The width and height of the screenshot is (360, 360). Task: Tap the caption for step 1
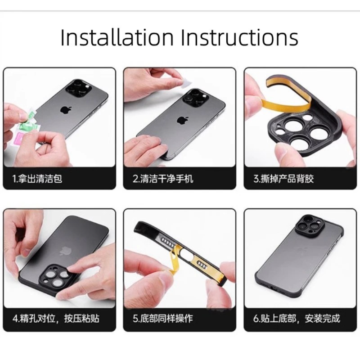(37, 179)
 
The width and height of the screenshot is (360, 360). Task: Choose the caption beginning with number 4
(56, 319)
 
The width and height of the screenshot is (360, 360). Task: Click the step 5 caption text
(163, 319)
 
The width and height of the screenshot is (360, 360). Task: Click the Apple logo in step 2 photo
(182, 120)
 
